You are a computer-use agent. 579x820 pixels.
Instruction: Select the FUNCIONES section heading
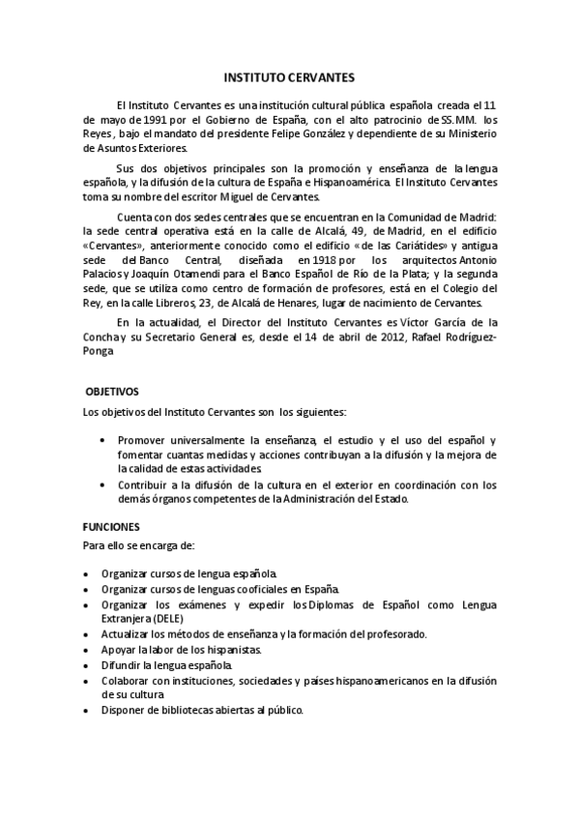pos(112,527)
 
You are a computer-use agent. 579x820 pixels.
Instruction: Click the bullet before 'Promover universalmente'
pos(103,440)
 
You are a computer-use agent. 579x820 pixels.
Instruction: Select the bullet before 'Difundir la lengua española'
pos(88,666)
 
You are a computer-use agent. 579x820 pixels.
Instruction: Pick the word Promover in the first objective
pos(144,439)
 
